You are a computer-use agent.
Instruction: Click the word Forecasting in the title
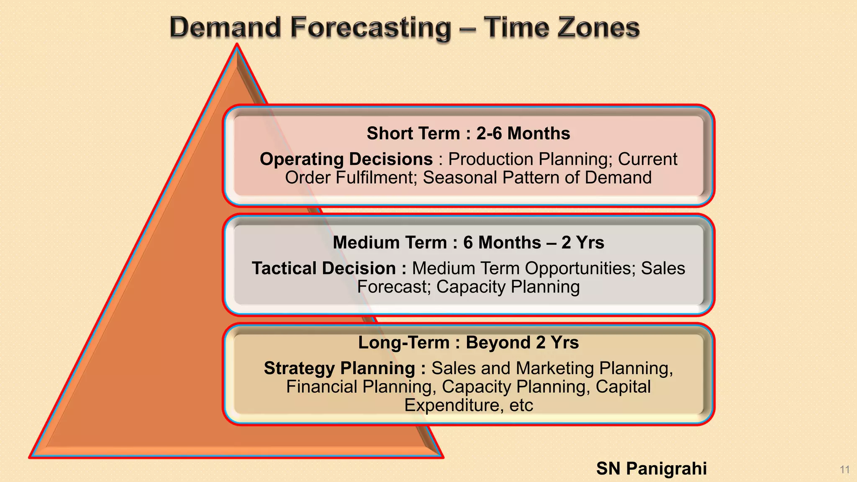tap(371, 28)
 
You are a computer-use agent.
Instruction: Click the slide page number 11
tap(844, 469)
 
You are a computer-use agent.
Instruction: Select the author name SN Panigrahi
tap(651, 469)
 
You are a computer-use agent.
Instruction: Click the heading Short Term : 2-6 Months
tap(468, 133)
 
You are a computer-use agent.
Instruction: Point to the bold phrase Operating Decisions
tap(346, 159)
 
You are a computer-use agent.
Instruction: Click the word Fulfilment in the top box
tap(375, 178)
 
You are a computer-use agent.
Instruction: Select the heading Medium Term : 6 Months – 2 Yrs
tap(468, 243)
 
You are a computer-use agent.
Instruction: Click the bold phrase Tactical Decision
tap(324, 269)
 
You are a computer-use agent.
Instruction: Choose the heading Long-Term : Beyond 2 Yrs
tap(468, 343)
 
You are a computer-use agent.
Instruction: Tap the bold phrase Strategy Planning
tap(339, 369)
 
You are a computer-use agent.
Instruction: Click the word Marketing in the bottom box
tap(554, 369)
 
